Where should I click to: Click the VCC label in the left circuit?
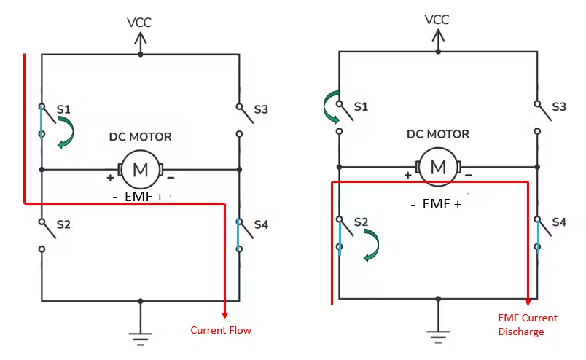tap(139, 23)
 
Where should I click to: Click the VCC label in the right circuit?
tap(437, 19)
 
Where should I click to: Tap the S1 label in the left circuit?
tap(63, 109)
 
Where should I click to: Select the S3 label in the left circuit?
tap(261, 110)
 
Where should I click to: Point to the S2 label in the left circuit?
tap(63, 224)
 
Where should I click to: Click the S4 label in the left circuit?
tap(261, 224)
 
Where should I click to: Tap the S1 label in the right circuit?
tap(361, 106)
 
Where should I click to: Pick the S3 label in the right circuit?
tap(559, 106)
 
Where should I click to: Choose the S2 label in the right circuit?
tap(361, 221)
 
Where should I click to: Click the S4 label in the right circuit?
tap(559, 221)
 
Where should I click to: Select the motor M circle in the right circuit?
tap(438, 167)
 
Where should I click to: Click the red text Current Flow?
tap(221, 330)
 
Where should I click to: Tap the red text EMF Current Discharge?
tap(528, 325)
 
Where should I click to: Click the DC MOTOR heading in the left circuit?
tap(141, 137)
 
